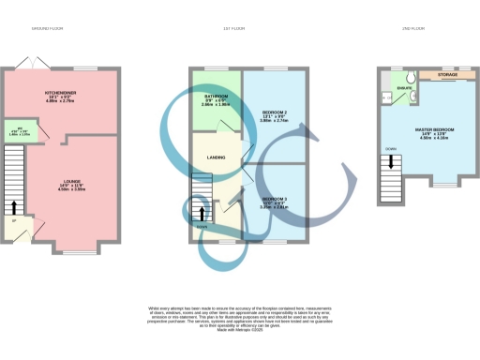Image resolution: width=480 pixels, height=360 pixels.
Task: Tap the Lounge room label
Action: (x=72, y=182)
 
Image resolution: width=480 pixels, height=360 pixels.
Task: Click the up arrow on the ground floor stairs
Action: (x=14, y=206)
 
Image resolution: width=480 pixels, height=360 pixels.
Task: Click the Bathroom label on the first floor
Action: (x=217, y=97)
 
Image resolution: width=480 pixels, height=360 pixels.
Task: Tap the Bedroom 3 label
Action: (x=274, y=200)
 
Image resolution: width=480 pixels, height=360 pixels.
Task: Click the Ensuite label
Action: (x=404, y=88)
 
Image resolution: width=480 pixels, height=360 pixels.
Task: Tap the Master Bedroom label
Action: (x=434, y=129)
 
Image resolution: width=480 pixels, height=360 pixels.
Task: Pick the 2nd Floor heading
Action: (x=412, y=30)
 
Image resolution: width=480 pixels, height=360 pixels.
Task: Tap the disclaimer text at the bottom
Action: (x=239, y=316)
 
